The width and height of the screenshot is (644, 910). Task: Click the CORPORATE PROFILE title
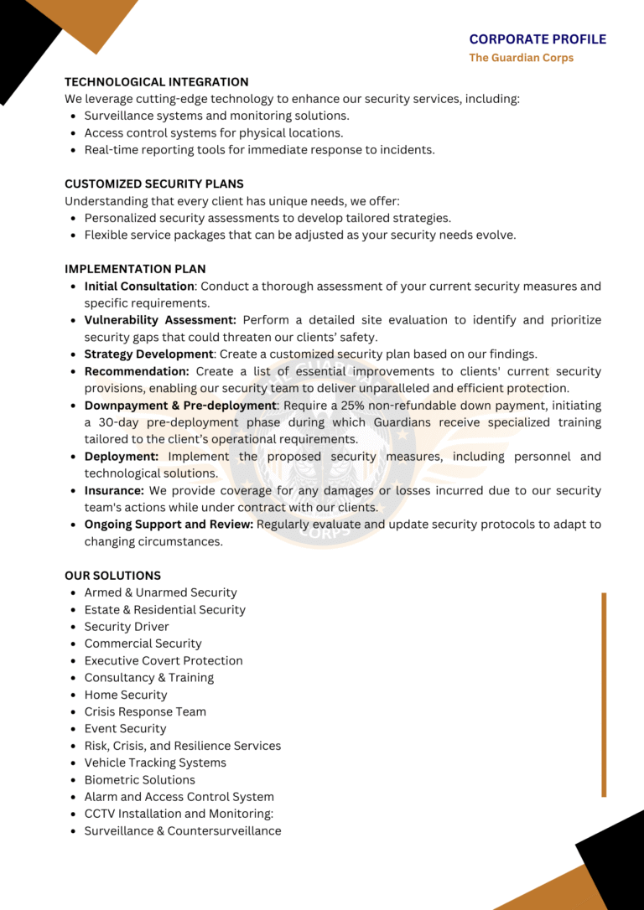[538, 39]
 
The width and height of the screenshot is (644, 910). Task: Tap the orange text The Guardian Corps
[521, 58]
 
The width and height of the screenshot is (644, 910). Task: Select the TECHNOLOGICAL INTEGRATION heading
[156, 82]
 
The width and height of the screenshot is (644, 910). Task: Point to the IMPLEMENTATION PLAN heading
[135, 269]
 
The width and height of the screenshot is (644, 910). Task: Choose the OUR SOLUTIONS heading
[112, 576]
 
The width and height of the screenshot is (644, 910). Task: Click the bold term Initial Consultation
[139, 287]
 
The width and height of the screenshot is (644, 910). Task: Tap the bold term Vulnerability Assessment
[160, 320]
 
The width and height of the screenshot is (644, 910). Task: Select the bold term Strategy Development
[148, 354]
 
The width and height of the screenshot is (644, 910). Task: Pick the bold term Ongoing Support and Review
[169, 525]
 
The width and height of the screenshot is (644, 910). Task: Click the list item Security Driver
[127, 627]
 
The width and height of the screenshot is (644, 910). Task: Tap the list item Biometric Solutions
[139, 779]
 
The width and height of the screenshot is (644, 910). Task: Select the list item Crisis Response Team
[145, 711]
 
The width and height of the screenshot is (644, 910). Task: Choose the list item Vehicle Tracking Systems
[155, 763]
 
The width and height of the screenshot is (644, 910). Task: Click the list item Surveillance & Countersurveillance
[183, 831]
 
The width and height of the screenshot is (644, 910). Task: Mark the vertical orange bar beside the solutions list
[603, 694]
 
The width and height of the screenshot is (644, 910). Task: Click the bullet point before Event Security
[75, 729]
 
